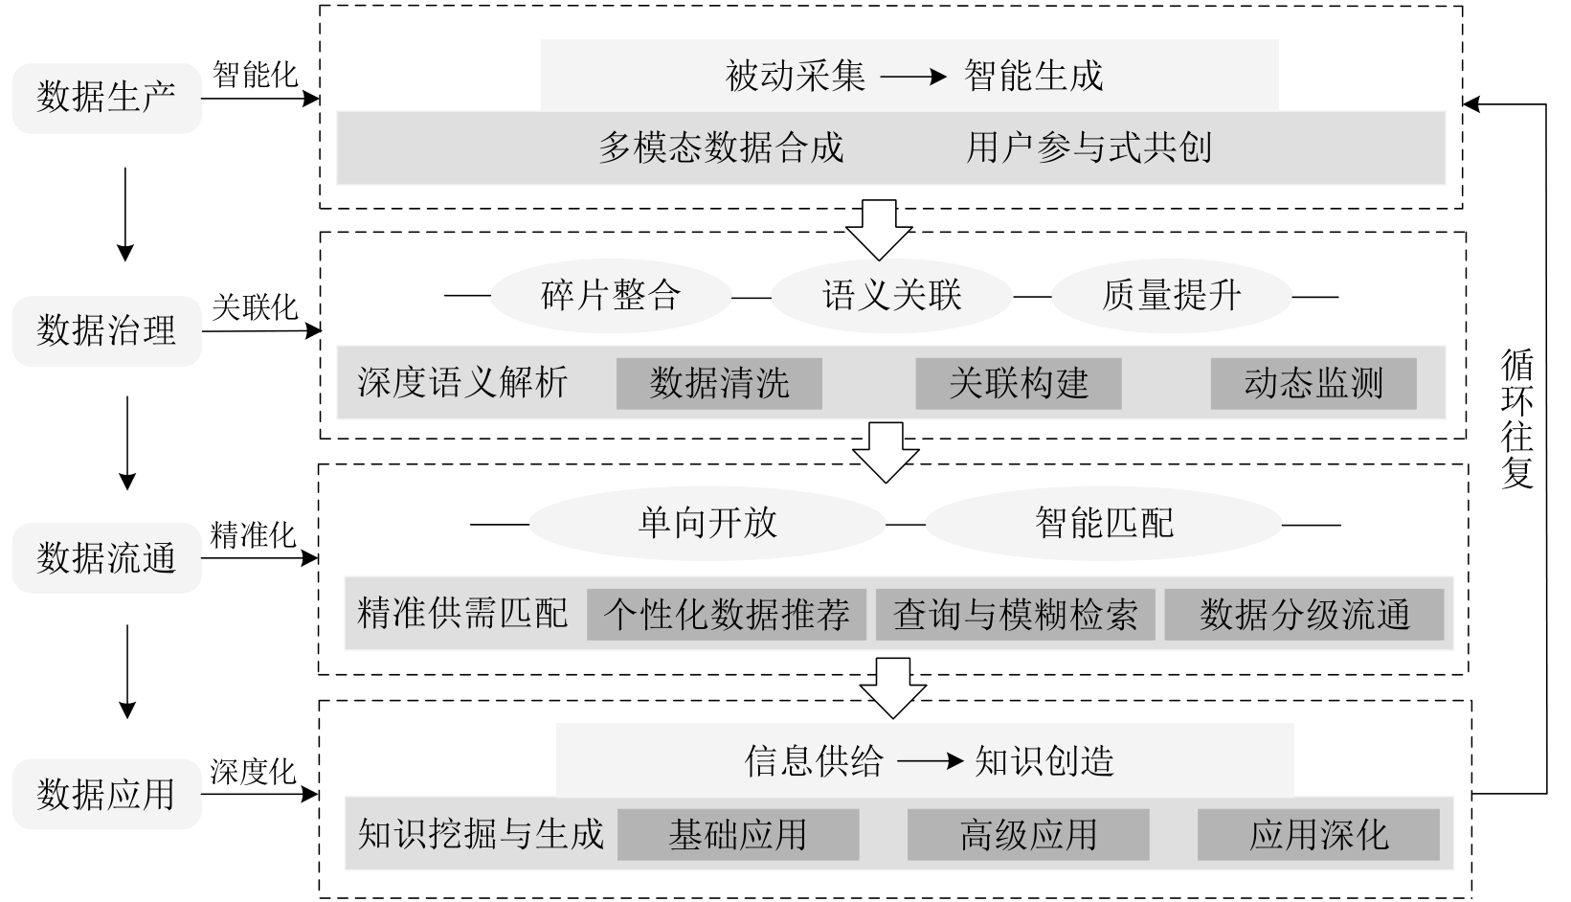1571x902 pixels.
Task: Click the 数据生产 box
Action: click(106, 98)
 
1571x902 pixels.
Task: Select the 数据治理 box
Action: click(106, 331)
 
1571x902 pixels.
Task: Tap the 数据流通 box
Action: click(106, 558)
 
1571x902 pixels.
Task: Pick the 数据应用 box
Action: click(106, 794)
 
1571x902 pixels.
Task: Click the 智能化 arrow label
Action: click(255, 75)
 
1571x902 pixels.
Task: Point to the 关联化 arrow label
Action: click(255, 308)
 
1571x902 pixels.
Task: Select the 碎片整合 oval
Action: click(611, 295)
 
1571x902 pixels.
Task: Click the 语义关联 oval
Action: click(891, 295)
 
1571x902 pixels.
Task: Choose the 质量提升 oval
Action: click(1171, 295)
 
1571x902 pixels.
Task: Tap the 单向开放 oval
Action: click(707, 523)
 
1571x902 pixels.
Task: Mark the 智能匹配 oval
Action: click(1104, 523)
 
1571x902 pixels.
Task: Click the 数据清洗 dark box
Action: click(719, 383)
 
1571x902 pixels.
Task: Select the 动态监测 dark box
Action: click(1313, 383)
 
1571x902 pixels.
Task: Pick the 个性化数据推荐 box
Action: click(727, 614)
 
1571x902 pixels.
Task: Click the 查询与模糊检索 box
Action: click(1016, 614)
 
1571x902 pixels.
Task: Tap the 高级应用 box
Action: click(1028, 835)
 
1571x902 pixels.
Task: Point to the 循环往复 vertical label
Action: click(1517, 418)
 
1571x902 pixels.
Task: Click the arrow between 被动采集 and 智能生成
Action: click(913, 77)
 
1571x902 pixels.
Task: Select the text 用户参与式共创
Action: click(1089, 147)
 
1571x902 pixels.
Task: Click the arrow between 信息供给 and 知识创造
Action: click(929, 762)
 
